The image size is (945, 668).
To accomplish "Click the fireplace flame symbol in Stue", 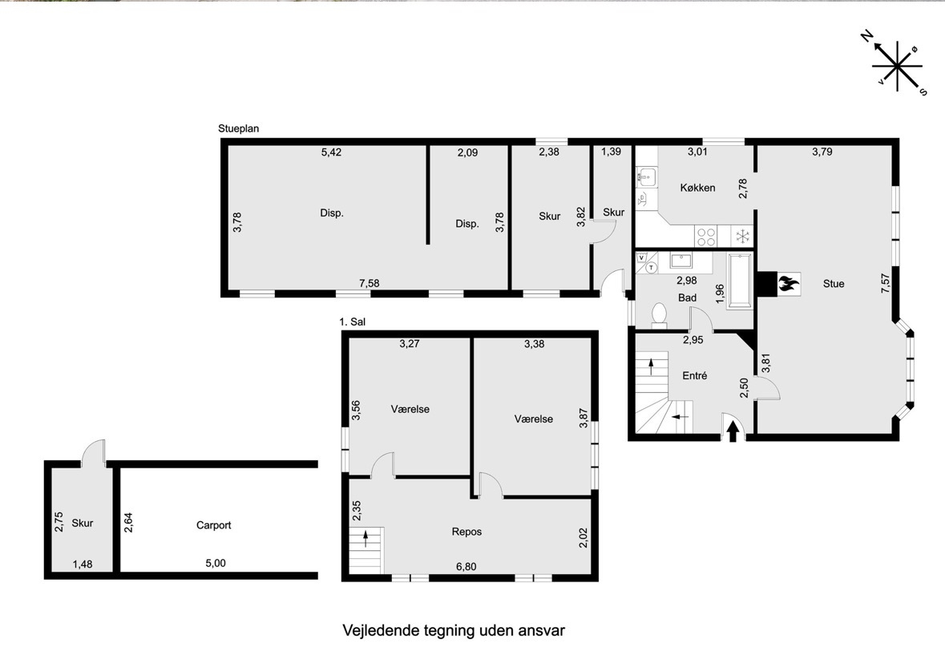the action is pos(788,283).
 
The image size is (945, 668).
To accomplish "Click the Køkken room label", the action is pos(697,188).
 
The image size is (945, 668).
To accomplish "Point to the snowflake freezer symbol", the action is pos(742,235).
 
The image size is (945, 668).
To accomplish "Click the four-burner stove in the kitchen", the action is pos(705,236).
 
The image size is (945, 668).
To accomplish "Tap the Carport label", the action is pos(213,525).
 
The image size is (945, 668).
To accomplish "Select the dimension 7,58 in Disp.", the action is pos(369,283).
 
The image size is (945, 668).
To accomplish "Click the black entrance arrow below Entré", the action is pos(733,431).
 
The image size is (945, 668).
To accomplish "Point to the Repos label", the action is pos(466,532).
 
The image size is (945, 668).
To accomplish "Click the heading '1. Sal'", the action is pos(353,322).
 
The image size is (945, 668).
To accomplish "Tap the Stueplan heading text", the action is pos(239,128).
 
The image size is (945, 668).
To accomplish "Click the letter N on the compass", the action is pos(866,37).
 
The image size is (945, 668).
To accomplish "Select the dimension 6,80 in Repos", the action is pos(466,567).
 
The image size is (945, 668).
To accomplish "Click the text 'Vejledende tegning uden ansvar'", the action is pos(454,630).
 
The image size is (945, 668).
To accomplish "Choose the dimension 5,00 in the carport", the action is pos(215,563).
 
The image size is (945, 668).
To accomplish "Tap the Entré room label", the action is pos(694,375).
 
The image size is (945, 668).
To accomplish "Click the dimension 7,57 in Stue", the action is pos(886,283).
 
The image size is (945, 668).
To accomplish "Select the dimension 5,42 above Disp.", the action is pos(331,152).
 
